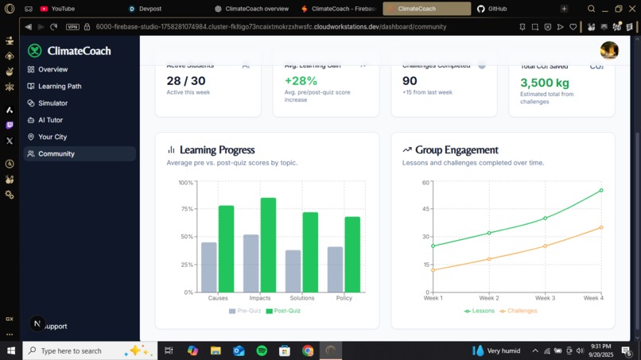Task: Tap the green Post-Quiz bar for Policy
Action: (352, 254)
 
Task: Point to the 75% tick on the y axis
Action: (187, 210)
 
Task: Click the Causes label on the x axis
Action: (218, 298)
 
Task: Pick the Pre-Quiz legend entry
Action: (245, 311)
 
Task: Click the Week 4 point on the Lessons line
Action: (601, 191)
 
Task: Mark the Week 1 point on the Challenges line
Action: (433, 270)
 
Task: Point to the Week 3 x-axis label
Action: (545, 298)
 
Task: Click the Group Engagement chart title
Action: (456, 149)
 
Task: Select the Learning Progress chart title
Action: (216, 149)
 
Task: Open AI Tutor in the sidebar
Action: (50, 120)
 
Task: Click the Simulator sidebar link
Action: (52, 103)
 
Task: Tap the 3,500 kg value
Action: (545, 82)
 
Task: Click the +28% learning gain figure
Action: (301, 81)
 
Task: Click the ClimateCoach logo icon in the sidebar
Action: (34, 51)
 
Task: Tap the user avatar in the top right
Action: (609, 50)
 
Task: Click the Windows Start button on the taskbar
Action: (11, 350)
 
